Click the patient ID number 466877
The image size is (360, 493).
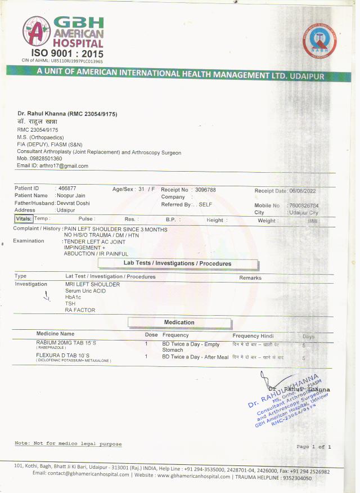[x=67, y=189]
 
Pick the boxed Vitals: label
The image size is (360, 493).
[x=24, y=219]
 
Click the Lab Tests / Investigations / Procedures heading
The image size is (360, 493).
[x=178, y=263]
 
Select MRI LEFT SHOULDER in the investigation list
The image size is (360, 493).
[x=92, y=285]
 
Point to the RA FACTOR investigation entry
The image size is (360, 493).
[x=80, y=310]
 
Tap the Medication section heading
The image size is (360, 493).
[x=179, y=322]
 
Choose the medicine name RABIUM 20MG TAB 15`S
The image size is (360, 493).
[x=66, y=343]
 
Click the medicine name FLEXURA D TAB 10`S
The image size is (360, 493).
[x=62, y=356]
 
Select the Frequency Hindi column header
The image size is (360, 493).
[x=253, y=335]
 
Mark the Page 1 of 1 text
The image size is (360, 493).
[x=313, y=446]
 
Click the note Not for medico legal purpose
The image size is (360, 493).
[x=67, y=443]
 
